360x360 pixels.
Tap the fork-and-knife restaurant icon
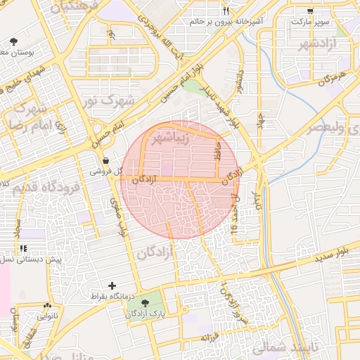(226, 11)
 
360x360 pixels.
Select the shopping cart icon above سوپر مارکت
(311, 11)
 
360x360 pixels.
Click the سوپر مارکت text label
(309, 22)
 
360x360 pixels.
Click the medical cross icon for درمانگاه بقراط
(112, 285)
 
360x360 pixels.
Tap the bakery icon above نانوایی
(48, 306)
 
